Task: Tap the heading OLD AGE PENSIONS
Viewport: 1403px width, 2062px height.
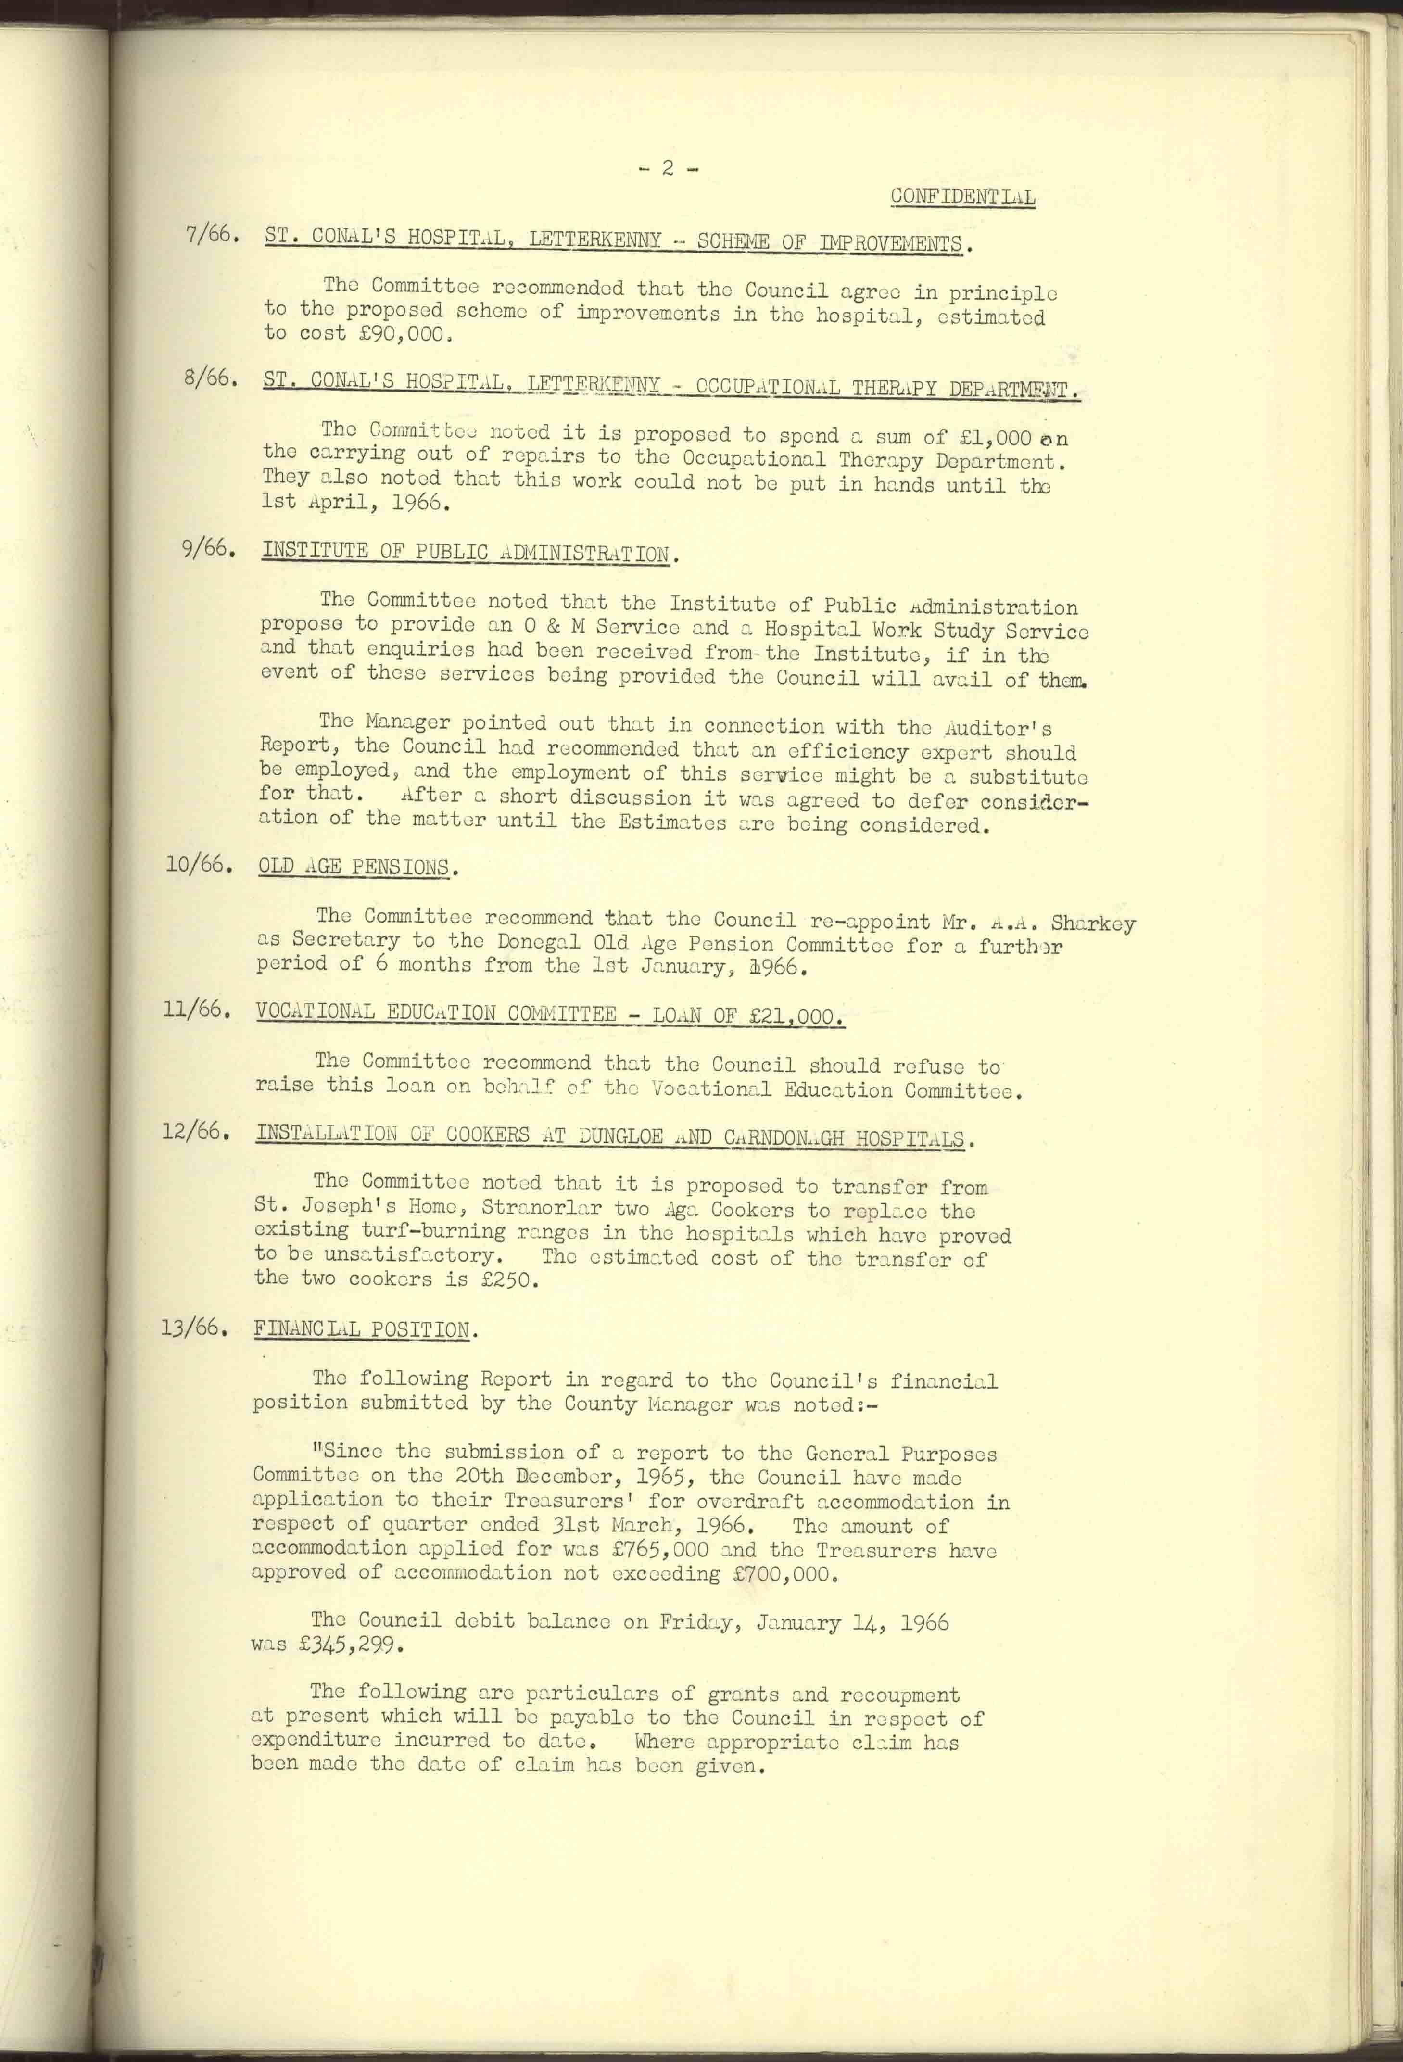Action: [x=354, y=867]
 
